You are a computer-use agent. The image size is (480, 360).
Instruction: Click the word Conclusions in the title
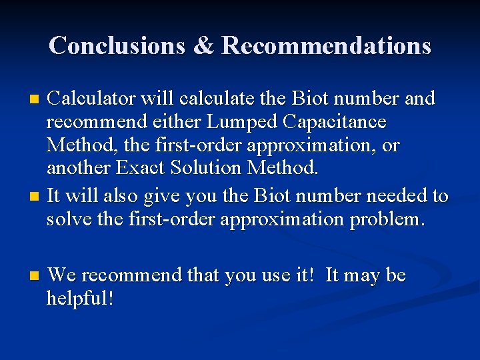pyautogui.click(x=117, y=45)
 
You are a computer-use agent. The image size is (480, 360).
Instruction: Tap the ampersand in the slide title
pyautogui.click(x=202, y=45)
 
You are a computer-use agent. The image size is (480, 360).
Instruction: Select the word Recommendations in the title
pyautogui.click(x=326, y=45)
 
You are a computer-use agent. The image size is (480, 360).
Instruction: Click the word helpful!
pyautogui.click(x=80, y=298)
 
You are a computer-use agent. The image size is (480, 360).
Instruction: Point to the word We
pyautogui.click(x=62, y=275)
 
